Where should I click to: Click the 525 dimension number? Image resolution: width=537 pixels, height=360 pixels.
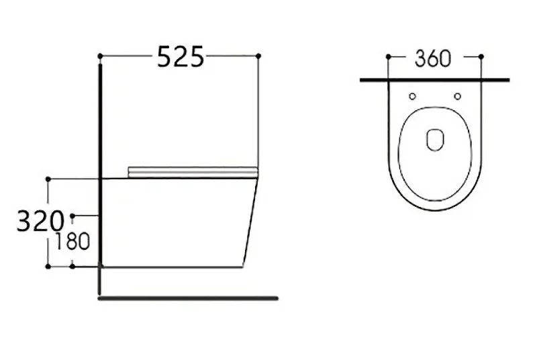pos(181,56)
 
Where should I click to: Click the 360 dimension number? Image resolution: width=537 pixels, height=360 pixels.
pos(433,58)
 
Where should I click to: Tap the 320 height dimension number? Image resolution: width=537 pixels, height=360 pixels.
pos(40,221)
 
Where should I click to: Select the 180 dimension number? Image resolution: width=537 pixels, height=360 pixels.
pos(72,241)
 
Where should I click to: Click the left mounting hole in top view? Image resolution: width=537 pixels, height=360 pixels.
pos(413,97)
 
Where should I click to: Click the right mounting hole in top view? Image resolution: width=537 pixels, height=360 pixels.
pos(458,97)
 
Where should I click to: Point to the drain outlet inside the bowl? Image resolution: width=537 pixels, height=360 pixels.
pos(435,140)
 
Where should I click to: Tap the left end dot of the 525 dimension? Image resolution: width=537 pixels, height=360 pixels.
pos(100,56)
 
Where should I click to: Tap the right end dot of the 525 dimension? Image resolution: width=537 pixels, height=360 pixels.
pos(258,56)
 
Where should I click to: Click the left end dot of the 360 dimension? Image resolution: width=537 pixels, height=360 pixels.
pos(389,56)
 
